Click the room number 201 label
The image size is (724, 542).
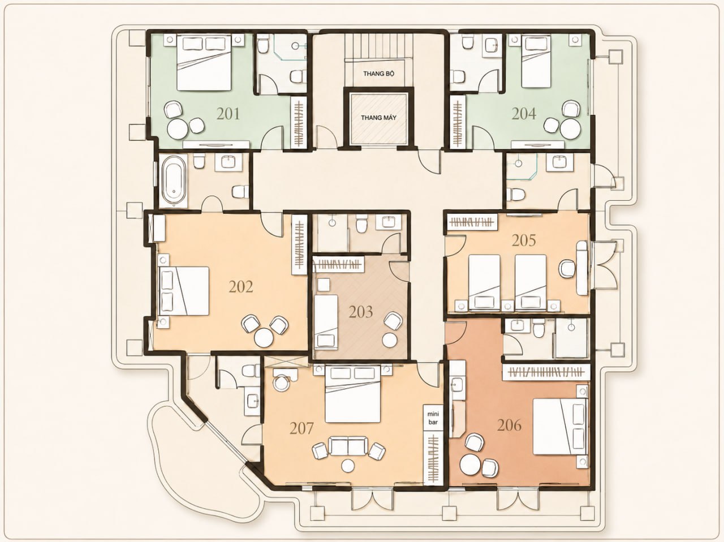click(229, 114)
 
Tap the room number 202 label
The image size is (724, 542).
click(241, 287)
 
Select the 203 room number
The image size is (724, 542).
click(361, 312)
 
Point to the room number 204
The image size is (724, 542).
click(524, 114)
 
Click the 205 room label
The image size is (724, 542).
click(524, 240)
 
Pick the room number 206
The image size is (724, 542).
click(510, 425)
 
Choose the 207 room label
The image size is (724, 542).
click(302, 428)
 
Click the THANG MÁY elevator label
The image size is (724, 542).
click(378, 118)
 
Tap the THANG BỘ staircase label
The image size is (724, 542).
click(378, 74)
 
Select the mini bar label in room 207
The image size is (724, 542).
click(433, 418)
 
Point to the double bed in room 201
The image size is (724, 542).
click(204, 63)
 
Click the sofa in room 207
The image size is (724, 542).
click(348, 446)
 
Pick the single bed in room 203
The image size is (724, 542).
click(326, 322)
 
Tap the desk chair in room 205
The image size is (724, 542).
click(567, 268)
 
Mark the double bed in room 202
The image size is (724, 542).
click(184, 291)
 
